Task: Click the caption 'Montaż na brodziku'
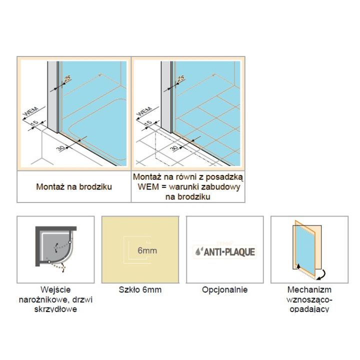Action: pos(74,186)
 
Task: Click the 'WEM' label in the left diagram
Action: pos(31,111)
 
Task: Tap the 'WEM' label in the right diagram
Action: pos(144,111)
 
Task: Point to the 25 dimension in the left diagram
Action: pos(67,78)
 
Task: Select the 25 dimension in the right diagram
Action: pos(181,78)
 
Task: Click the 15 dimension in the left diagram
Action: pos(35,122)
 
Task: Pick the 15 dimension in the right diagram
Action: pos(148,122)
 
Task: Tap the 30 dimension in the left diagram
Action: pos(60,148)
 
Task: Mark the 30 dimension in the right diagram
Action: pos(174,148)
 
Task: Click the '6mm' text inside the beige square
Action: pos(147,250)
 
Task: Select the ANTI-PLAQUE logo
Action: pos(224,251)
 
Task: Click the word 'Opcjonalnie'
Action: pos(225,289)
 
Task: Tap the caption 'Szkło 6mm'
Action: pos(140,289)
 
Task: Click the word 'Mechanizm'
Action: pos(309,289)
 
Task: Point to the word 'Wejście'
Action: pos(55,289)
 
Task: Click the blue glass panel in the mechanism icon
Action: pos(305,251)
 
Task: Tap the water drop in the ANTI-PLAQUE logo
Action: pos(197,252)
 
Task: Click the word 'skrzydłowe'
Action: pos(55,309)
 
